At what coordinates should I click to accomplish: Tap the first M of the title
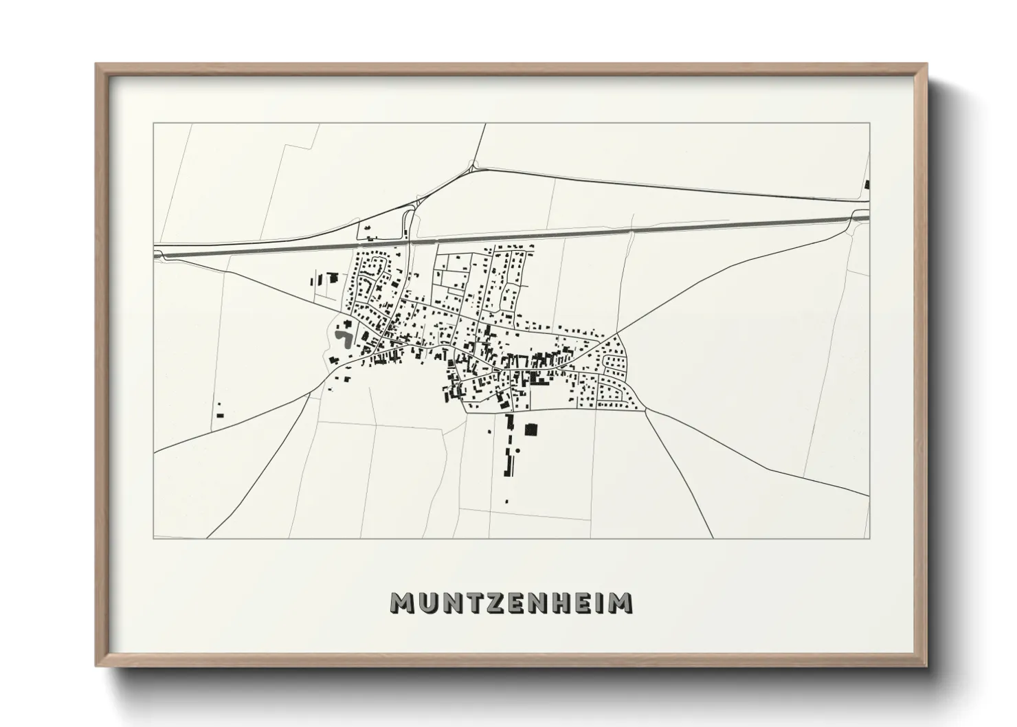[x=401, y=603]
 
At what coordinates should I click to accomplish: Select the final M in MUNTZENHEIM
[x=621, y=603]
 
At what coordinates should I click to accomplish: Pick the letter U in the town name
[x=428, y=603]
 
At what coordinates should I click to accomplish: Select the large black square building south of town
[x=530, y=429]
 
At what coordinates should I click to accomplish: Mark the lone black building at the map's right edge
[x=867, y=184]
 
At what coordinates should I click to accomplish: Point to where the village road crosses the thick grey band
[x=410, y=240]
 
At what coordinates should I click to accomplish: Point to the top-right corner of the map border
[x=869, y=124]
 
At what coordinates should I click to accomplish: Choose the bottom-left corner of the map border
[x=153, y=538]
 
